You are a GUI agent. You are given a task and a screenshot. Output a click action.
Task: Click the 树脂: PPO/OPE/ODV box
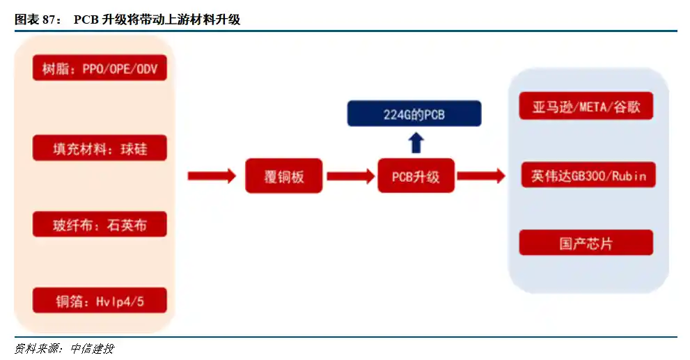(100, 68)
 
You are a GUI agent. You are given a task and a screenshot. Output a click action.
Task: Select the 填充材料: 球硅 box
(100, 148)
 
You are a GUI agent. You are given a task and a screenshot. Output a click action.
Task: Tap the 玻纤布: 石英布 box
(100, 224)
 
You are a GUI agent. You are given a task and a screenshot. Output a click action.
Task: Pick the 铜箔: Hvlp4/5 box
(100, 301)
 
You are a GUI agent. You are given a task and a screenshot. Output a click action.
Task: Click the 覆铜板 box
(284, 176)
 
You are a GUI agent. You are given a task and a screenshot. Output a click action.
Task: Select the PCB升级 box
(416, 176)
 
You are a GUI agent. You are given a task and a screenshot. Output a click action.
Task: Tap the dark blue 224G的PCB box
(414, 114)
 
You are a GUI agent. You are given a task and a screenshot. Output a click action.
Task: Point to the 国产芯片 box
(586, 243)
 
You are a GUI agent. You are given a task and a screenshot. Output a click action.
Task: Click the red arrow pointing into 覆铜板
(212, 176)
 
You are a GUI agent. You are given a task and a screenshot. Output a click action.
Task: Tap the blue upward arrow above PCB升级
(416, 143)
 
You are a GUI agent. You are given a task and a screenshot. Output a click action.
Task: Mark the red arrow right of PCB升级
(481, 176)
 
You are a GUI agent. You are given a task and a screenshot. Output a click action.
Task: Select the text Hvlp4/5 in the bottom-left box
(122, 302)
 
